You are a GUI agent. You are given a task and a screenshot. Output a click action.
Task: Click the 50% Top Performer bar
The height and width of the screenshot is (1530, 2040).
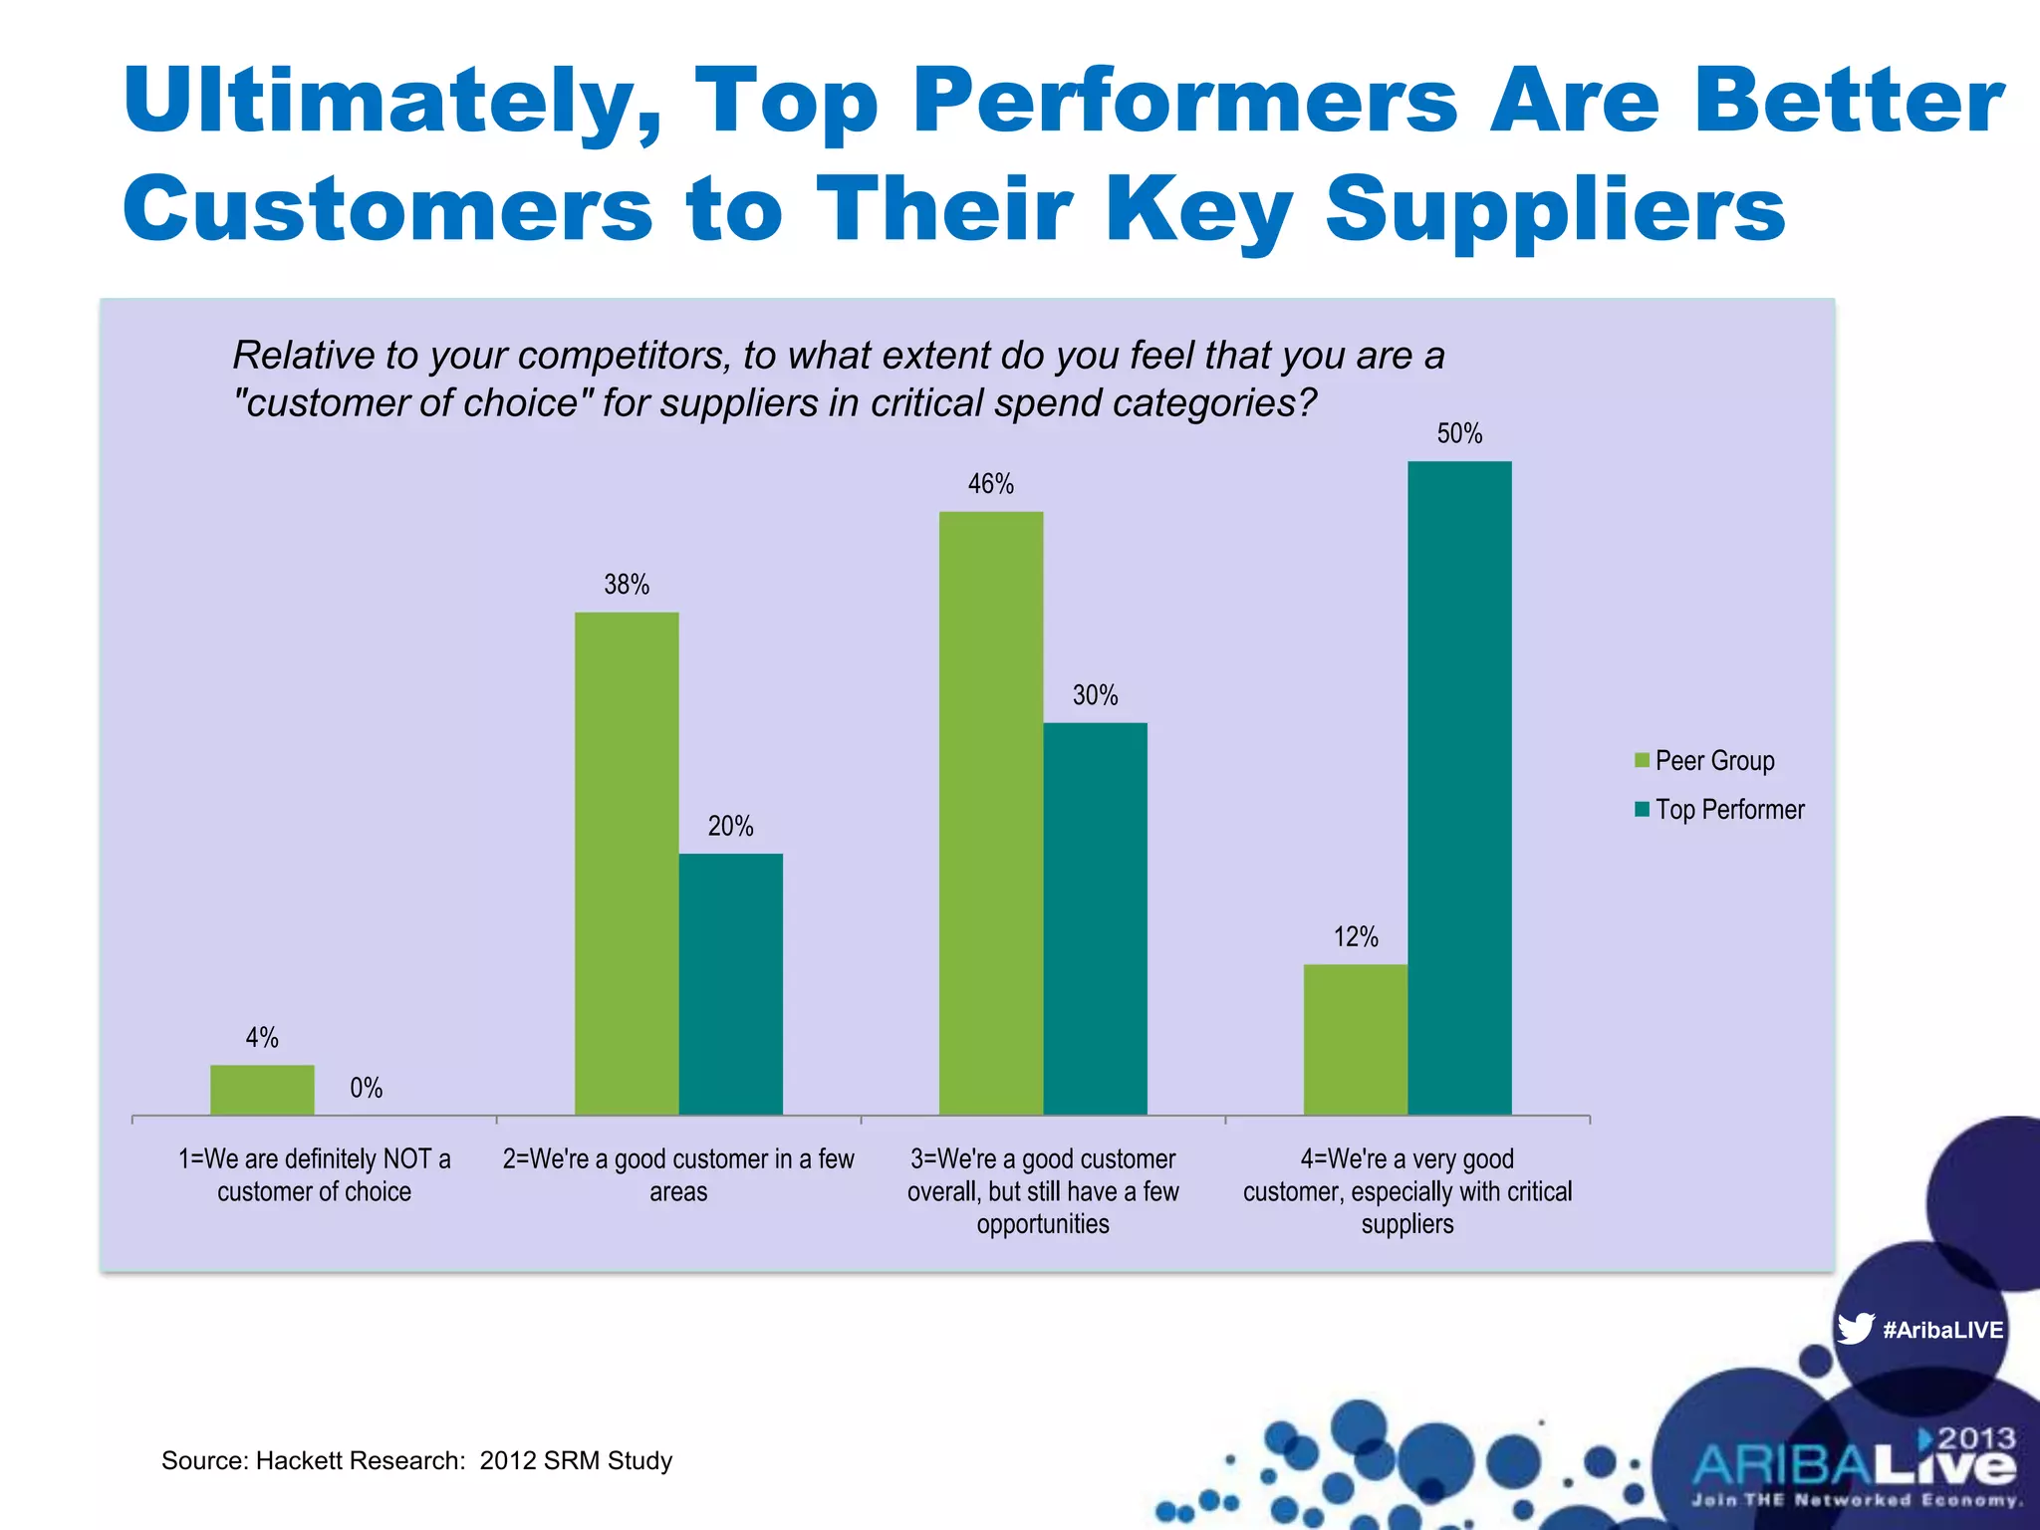tap(1459, 787)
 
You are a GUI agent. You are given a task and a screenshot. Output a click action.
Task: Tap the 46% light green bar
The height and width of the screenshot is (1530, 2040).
tap(991, 813)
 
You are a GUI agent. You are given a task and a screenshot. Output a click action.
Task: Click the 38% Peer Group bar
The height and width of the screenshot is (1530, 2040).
tap(627, 863)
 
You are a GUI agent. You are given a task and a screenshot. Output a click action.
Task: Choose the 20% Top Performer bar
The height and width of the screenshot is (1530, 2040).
tap(730, 983)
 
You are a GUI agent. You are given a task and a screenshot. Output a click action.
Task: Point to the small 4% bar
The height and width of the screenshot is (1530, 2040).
tap(262, 1089)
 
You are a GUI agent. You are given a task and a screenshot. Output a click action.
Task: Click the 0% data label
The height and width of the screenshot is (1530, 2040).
tap(366, 1088)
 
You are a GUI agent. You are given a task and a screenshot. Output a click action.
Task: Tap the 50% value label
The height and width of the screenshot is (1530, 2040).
tap(1459, 433)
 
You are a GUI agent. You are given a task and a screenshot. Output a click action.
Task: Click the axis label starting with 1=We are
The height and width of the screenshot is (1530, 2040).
tap(314, 1175)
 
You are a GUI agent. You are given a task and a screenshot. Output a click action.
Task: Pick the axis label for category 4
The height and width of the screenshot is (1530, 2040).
tap(1406, 1191)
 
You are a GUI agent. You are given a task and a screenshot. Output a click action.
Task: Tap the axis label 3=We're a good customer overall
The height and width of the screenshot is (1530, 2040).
tap(1042, 1191)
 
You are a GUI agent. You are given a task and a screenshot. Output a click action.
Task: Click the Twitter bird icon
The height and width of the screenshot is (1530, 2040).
tap(1855, 1329)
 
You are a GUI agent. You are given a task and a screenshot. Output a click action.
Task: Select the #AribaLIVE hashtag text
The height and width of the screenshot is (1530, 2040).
tap(1942, 1330)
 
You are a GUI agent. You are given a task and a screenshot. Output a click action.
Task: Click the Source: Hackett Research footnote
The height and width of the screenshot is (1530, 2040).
tap(416, 1460)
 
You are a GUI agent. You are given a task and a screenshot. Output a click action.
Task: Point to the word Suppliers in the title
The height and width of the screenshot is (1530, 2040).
tap(1555, 209)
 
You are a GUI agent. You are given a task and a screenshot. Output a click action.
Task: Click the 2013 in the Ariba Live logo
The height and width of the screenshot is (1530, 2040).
tap(1976, 1438)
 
